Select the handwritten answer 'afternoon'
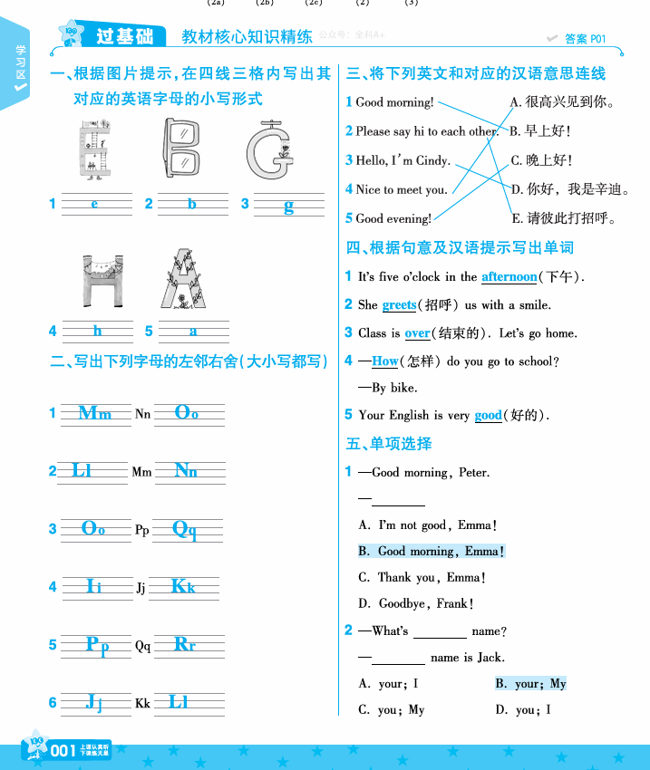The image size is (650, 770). [x=509, y=276]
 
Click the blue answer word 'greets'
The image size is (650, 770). [x=399, y=305]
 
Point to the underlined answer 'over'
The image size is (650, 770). [x=417, y=333]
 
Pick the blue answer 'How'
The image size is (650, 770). [x=385, y=361]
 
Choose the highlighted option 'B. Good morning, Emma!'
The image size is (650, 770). [x=431, y=551]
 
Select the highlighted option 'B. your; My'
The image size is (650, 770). [x=530, y=684]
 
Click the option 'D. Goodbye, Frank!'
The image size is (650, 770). [x=416, y=603]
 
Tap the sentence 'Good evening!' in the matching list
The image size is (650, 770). [x=393, y=218]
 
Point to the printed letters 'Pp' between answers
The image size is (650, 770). [x=142, y=530]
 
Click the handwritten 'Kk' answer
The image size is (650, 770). [x=183, y=587]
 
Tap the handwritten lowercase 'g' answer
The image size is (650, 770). [x=288, y=206]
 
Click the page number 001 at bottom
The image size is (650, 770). [x=63, y=750]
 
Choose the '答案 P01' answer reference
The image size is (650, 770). [x=584, y=39]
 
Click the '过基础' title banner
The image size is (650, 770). [x=124, y=36]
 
